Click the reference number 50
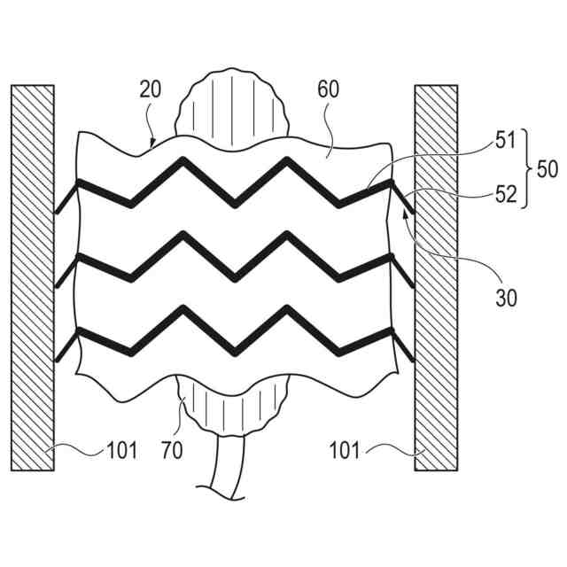[x=548, y=167]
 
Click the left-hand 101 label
[x=121, y=451]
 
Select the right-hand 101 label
[x=346, y=451]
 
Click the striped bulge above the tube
[x=232, y=106]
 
